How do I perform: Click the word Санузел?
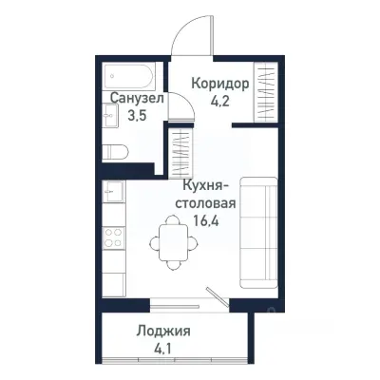pos(137,98)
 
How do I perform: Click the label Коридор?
pos(220,83)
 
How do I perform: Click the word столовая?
pos(203,201)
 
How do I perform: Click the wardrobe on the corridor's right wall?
pos(267,95)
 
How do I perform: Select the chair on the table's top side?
pos(172,220)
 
